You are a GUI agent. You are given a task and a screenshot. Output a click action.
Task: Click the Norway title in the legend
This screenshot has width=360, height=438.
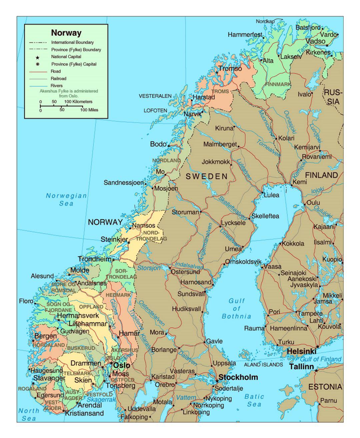(x=66, y=33)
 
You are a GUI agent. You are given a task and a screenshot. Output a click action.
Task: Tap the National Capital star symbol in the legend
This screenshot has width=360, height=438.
(x=38, y=57)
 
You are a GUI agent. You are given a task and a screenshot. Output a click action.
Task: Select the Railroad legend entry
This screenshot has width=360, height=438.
(x=58, y=79)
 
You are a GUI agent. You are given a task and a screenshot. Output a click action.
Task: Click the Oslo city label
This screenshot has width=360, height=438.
(x=122, y=365)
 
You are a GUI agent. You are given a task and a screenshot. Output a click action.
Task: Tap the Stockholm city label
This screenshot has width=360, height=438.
(x=238, y=377)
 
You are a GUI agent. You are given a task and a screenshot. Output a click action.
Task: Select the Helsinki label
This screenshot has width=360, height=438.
(x=301, y=351)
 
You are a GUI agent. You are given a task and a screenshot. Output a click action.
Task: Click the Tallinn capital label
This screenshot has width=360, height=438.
(x=301, y=367)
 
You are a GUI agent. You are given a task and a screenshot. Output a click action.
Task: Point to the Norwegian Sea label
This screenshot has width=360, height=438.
(x=66, y=199)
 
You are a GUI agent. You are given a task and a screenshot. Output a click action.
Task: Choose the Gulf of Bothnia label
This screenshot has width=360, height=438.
(x=236, y=308)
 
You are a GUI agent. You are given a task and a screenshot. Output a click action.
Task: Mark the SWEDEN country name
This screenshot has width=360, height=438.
(x=206, y=176)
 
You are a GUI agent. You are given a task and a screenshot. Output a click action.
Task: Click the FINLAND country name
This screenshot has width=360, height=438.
(x=321, y=175)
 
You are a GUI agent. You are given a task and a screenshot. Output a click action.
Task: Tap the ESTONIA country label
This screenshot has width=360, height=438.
(x=325, y=387)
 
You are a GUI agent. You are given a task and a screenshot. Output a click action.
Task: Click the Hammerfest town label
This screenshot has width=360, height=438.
(x=245, y=35)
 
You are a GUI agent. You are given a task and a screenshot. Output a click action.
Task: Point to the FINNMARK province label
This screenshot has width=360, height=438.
(x=278, y=84)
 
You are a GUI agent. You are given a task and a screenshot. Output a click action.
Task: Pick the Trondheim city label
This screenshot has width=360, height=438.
(x=95, y=259)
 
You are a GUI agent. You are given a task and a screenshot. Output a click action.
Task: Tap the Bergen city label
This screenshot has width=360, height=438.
(x=46, y=336)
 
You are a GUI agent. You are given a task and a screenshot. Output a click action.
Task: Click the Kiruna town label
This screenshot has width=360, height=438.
(x=224, y=128)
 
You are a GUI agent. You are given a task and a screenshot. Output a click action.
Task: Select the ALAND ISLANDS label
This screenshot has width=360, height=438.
(x=263, y=365)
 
